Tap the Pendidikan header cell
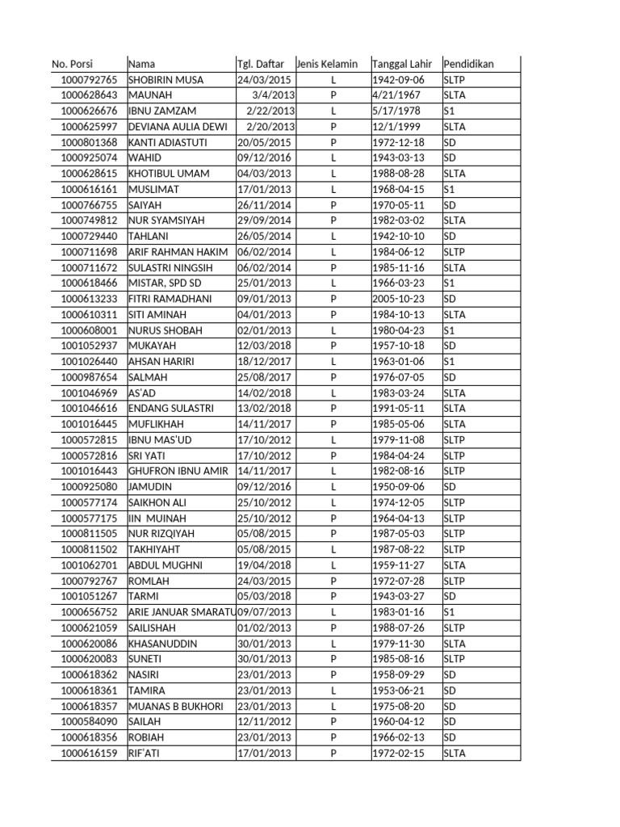(469, 64)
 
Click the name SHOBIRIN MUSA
(166, 80)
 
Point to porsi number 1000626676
(89, 111)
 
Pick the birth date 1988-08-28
(397, 174)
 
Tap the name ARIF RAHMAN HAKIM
(178, 252)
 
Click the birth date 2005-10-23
(397, 299)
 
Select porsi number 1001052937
(89, 346)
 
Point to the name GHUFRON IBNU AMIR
(178, 471)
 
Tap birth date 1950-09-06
(397, 487)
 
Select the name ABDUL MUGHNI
(165, 565)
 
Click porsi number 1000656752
(89, 612)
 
